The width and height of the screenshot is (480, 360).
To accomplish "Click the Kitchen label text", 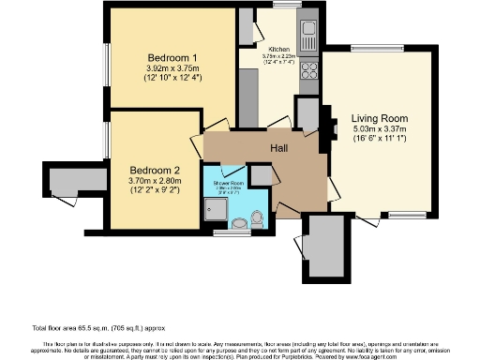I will [x=278, y=49].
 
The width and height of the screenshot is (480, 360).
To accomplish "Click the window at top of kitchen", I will [x=287, y=7].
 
